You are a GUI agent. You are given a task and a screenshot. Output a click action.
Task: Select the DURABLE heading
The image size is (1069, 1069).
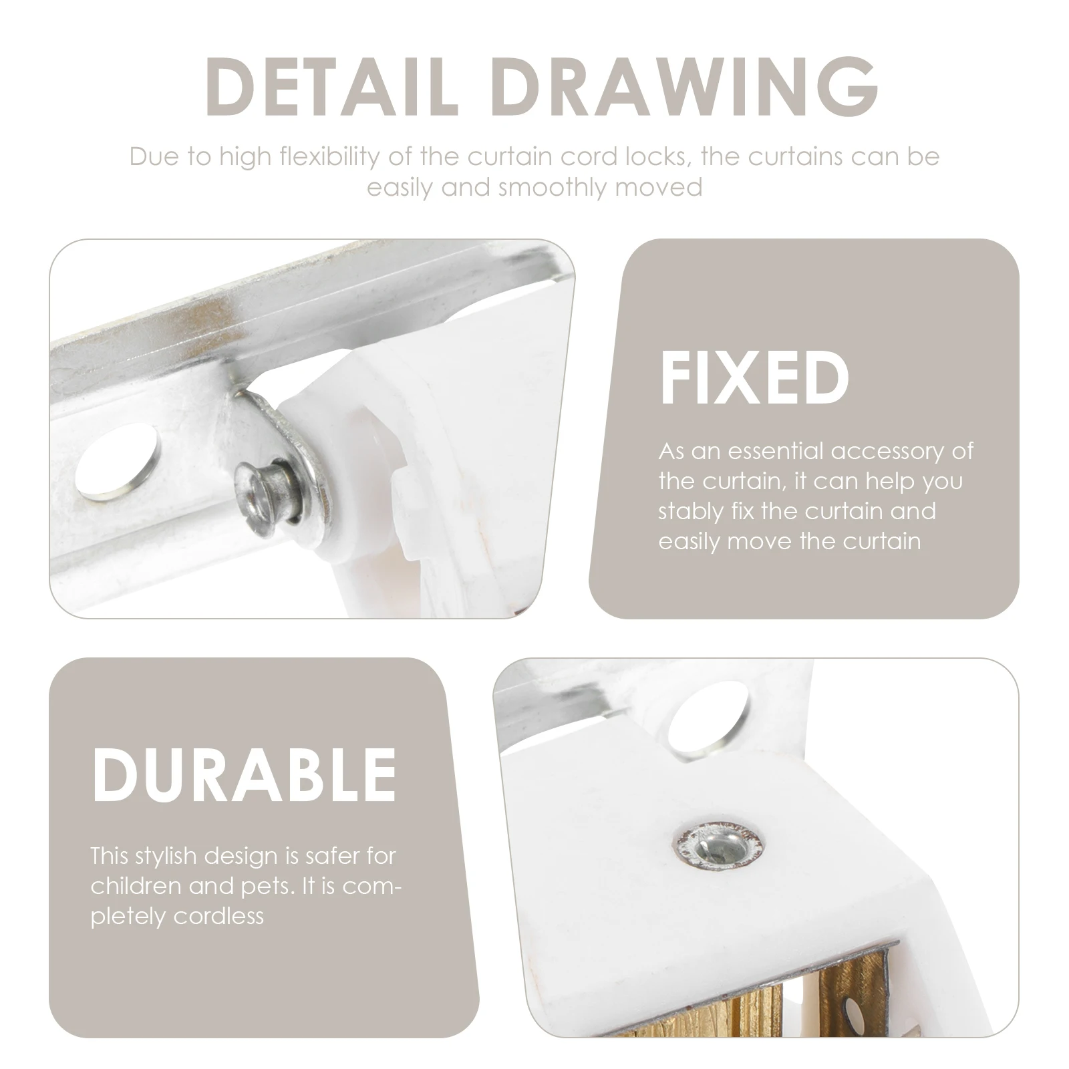coord(244,774)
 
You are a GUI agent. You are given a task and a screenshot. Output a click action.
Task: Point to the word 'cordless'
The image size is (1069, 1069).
coord(218,917)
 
